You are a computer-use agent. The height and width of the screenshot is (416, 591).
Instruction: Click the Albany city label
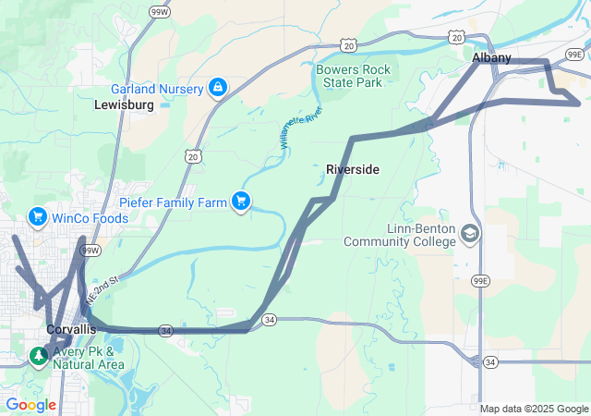[x=490, y=57]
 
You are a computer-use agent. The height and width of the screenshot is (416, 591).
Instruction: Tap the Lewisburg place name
[x=124, y=105]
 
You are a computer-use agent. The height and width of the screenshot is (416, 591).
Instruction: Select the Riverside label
[x=353, y=169]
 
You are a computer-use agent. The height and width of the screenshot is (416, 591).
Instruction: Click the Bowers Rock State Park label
[x=353, y=76]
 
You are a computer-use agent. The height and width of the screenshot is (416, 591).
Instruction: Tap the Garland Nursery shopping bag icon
[x=217, y=88]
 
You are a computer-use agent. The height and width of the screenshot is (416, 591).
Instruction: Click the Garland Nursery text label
[x=156, y=89]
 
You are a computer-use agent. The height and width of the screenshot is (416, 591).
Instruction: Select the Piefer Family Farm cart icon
[x=241, y=201]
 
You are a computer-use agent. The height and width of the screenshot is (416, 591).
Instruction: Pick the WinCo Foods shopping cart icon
[x=38, y=217]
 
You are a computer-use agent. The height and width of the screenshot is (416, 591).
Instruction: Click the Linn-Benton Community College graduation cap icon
[x=470, y=233]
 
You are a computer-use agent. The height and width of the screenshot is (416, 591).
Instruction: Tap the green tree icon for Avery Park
[x=38, y=355]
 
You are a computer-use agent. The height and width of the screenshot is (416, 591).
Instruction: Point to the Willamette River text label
[x=301, y=128]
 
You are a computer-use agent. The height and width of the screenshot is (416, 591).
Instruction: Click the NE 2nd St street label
[x=103, y=289]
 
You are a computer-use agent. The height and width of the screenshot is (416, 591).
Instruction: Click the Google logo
[x=30, y=404]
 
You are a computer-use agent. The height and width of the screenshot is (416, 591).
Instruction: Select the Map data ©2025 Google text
[x=533, y=409]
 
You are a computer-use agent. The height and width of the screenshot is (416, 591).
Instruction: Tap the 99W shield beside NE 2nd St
[x=90, y=250]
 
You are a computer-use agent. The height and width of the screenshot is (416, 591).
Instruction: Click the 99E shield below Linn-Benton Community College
[x=479, y=281]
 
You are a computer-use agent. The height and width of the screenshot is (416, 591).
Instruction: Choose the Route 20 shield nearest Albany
[x=457, y=36]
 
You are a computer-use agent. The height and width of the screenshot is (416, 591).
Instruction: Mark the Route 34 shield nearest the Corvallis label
[x=165, y=330]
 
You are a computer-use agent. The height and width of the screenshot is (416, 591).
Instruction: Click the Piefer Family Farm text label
[x=175, y=202]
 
